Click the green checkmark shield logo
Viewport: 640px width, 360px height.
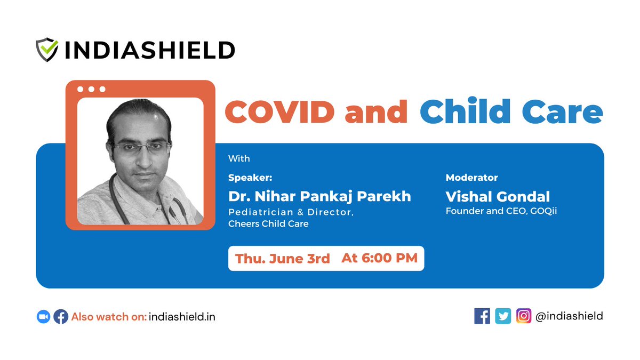pyautogui.click(x=47, y=50)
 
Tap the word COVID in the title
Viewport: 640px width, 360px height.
pyautogui.click(x=279, y=111)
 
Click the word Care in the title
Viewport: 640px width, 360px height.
pyautogui.click(x=570, y=111)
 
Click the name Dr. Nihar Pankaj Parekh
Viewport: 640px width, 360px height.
pyautogui.click(x=319, y=196)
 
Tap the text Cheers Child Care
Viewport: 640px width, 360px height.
pyautogui.click(x=268, y=224)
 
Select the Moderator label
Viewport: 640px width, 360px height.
pyautogui.click(x=472, y=178)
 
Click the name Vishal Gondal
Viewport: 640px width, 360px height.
pyautogui.click(x=498, y=196)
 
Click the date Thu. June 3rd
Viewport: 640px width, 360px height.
pyautogui.click(x=282, y=259)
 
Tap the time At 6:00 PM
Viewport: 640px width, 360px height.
pyautogui.click(x=379, y=259)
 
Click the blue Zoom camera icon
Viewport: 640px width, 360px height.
pyautogui.click(x=43, y=317)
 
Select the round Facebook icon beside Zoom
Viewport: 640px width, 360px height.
pyautogui.click(x=61, y=317)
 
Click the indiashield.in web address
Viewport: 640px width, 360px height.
pyautogui.click(x=182, y=317)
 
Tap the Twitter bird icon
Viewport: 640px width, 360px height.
pyautogui.click(x=503, y=316)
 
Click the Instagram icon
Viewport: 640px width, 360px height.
pyautogui.click(x=524, y=316)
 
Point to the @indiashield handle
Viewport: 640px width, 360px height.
pyautogui.click(x=569, y=316)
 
